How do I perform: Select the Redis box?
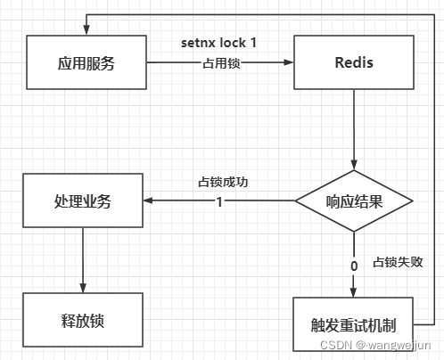[x=354, y=63]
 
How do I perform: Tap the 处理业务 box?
[x=81, y=200]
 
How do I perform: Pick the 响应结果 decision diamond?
[x=354, y=200]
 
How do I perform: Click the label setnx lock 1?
[x=219, y=43]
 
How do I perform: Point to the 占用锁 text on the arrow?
[x=219, y=63]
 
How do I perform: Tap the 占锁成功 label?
[x=222, y=182]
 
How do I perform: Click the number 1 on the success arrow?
[x=219, y=200]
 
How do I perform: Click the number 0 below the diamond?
[x=354, y=265]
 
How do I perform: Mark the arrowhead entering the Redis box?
[x=290, y=63]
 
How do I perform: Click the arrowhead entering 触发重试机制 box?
[x=354, y=291]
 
